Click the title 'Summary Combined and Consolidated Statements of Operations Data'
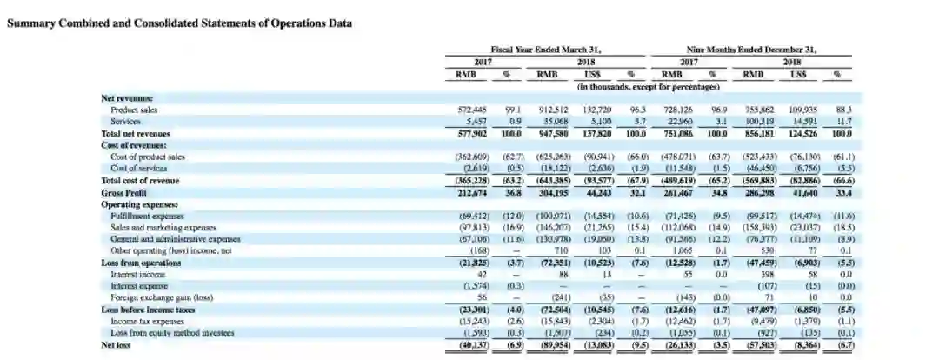tap(179, 23)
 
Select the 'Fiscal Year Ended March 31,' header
tap(546, 50)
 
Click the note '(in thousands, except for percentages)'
tap(649, 87)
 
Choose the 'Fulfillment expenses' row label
tap(148, 216)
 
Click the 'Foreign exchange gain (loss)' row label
tap(163, 297)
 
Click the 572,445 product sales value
tap(472, 110)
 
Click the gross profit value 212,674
tap(472, 192)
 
